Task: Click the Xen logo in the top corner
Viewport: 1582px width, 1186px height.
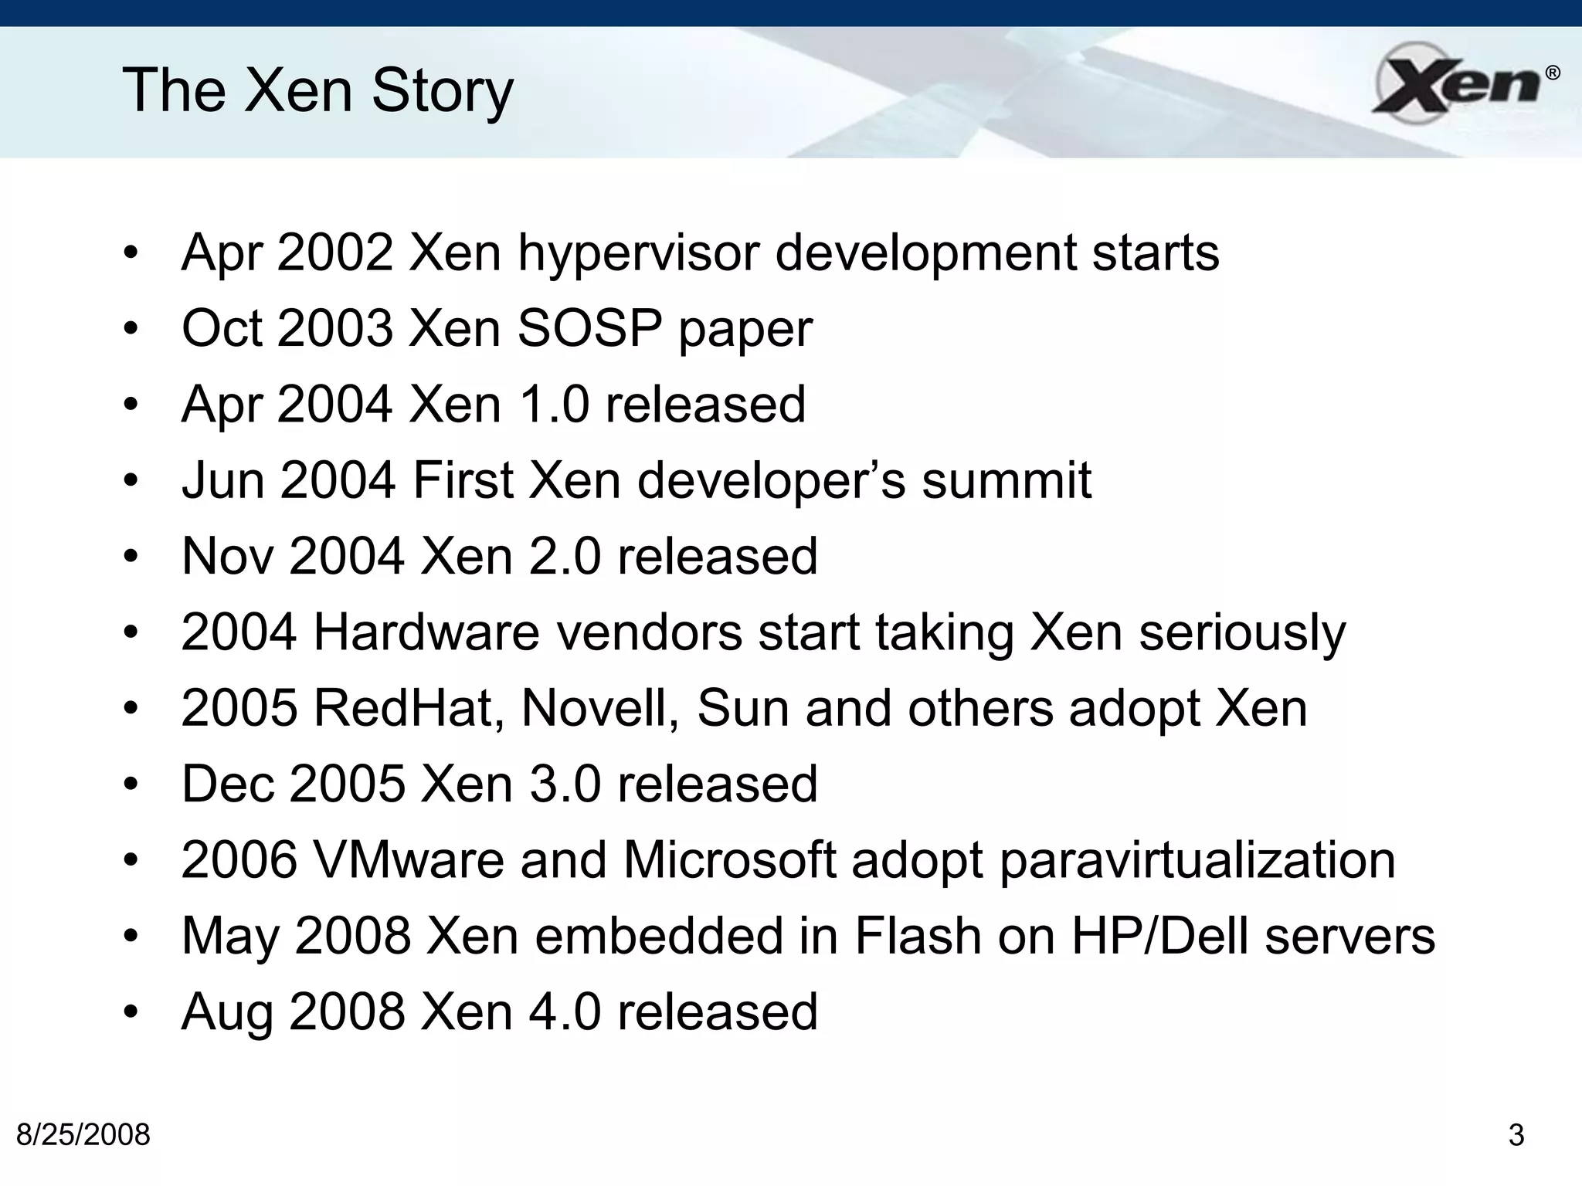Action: click(1455, 83)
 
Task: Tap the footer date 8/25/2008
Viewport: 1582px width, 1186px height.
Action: click(83, 1135)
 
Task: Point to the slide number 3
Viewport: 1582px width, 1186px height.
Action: click(1516, 1135)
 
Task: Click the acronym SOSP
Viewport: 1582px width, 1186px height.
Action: click(589, 329)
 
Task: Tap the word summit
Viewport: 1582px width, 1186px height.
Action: click(1007, 480)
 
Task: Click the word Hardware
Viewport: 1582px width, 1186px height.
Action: click(426, 632)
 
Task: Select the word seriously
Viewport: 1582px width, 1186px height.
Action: click(1242, 632)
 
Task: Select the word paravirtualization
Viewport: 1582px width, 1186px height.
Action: click(1197, 860)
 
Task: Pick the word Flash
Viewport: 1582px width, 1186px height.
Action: click(917, 936)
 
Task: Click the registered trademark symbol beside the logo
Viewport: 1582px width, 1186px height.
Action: click(1552, 73)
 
